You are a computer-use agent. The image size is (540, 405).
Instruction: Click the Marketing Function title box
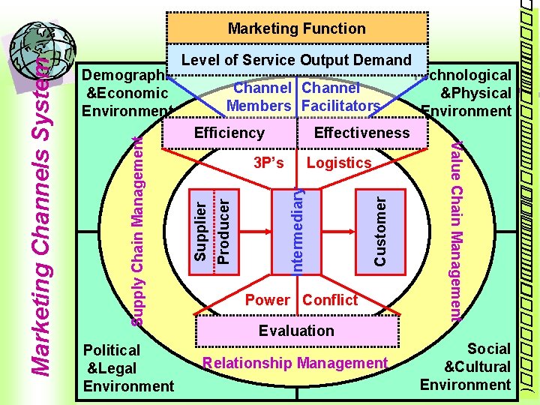point(296,28)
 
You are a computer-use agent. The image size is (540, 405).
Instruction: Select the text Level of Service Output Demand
point(298,61)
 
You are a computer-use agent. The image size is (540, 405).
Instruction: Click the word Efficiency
point(229,133)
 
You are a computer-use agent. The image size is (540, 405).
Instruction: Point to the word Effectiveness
point(361,133)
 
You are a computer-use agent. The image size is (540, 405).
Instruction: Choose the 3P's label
point(268,163)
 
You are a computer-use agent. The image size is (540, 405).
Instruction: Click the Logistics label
point(339,163)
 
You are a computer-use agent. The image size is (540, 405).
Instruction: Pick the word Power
point(268,300)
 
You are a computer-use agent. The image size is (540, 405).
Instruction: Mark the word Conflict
point(330,300)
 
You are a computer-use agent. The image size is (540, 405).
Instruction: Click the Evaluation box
point(296,331)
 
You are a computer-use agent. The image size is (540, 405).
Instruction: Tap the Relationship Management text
point(295,364)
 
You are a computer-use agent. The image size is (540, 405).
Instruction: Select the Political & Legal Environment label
point(127,367)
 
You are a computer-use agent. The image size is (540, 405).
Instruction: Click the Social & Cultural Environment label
point(466,367)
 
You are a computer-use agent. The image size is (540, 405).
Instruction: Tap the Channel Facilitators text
point(340,97)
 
